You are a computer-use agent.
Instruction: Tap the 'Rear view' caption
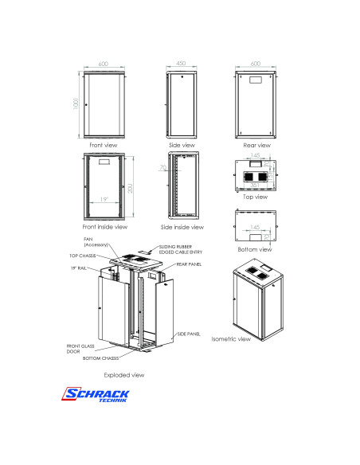pos(256,146)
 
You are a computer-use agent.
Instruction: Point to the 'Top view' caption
pos(256,196)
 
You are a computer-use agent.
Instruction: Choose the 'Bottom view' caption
pos(256,249)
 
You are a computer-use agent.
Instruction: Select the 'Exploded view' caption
pos(123,373)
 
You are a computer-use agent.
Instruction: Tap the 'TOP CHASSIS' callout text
pos(83,256)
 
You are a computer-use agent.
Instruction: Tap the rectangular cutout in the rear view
pos(256,80)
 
